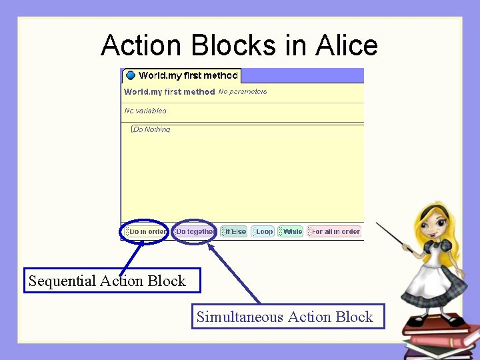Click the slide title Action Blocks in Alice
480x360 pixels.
(x=239, y=45)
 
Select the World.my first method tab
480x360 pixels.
(x=181, y=75)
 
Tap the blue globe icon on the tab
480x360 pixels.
(x=131, y=75)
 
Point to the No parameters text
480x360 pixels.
(x=243, y=91)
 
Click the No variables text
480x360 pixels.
(x=145, y=111)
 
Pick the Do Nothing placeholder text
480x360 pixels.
(x=152, y=129)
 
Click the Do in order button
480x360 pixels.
(x=146, y=231)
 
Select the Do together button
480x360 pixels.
(x=194, y=231)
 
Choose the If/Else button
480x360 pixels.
(x=234, y=231)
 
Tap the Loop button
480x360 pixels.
(x=264, y=231)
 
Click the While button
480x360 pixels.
(x=291, y=231)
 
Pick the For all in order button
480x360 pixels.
(x=334, y=231)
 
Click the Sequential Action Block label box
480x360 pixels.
(x=111, y=281)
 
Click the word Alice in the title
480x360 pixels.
(x=347, y=45)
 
